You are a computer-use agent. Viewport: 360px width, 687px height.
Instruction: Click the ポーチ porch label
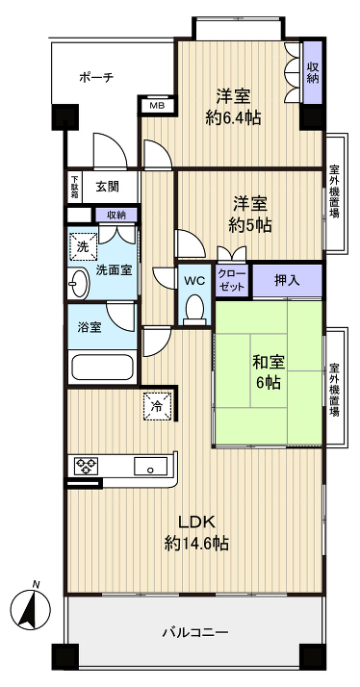[x=96, y=76]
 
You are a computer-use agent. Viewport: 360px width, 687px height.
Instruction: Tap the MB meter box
[x=155, y=105]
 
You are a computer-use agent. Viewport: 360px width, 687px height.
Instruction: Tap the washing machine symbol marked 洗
[x=81, y=246]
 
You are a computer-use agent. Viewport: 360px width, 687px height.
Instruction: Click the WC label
[x=194, y=281]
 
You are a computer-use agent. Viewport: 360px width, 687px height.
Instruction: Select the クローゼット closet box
[x=232, y=280]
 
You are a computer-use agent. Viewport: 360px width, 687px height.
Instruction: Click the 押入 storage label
[x=285, y=280]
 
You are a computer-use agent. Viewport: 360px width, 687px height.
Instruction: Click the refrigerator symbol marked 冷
[x=156, y=407]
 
